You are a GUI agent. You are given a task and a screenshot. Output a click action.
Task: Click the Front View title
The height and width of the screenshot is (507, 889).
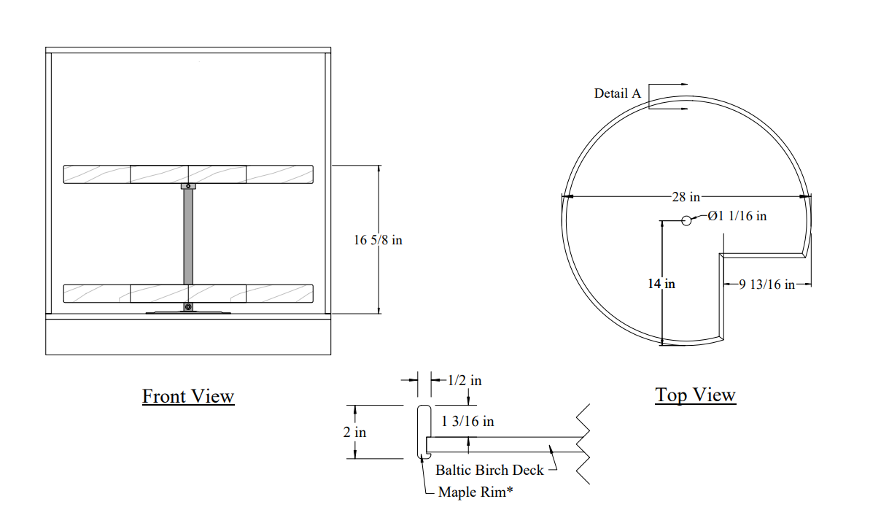point(188,396)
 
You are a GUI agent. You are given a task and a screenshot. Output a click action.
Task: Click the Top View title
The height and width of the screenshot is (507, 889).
point(695,395)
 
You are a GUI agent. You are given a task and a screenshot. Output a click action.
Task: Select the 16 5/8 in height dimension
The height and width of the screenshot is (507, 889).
point(378,240)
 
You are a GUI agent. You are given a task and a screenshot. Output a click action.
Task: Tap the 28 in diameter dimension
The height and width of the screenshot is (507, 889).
point(686,197)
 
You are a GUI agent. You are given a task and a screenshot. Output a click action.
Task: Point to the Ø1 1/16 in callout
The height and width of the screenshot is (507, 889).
point(737,216)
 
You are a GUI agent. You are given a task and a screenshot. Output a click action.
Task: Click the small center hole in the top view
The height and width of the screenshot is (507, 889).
point(686,220)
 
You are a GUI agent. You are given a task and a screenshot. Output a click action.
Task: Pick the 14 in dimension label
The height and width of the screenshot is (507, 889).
point(661,284)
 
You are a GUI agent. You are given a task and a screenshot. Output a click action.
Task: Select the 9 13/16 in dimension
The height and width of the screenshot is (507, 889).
point(766,285)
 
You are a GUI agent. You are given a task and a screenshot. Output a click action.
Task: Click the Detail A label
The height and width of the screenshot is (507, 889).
point(618,93)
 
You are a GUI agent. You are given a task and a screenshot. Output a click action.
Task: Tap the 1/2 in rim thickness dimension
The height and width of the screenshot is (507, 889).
point(465,380)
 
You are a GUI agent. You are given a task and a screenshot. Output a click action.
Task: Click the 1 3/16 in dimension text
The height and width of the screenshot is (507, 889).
point(467,421)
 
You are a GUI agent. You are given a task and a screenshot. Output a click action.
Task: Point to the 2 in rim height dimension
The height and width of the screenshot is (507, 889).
point(355,432)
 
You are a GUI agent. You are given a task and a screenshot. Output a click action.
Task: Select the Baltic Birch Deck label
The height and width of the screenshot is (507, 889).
point(489,470)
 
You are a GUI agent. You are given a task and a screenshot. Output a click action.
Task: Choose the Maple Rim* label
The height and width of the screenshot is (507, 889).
point(475,492)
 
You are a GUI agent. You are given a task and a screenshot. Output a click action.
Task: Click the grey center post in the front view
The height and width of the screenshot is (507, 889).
point(188,236)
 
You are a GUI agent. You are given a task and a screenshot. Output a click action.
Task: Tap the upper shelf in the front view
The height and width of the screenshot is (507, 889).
point(188,174)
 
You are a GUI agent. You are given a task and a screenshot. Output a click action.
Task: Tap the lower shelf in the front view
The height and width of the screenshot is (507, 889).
point(188,293)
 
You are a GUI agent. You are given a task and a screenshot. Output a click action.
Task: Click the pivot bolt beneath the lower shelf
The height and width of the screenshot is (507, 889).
point(188,307)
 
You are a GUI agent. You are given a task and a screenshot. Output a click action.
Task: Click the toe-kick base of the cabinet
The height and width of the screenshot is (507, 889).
point(188,337)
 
